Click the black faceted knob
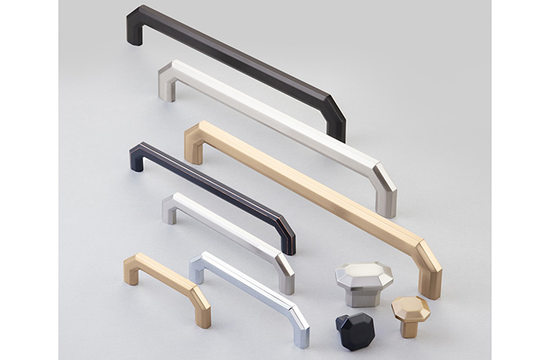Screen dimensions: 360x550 coord(355,330)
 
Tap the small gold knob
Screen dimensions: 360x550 coord(410,314)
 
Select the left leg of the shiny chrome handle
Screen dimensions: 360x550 coord(197,271)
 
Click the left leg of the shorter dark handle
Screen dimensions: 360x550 coord(137,159)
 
